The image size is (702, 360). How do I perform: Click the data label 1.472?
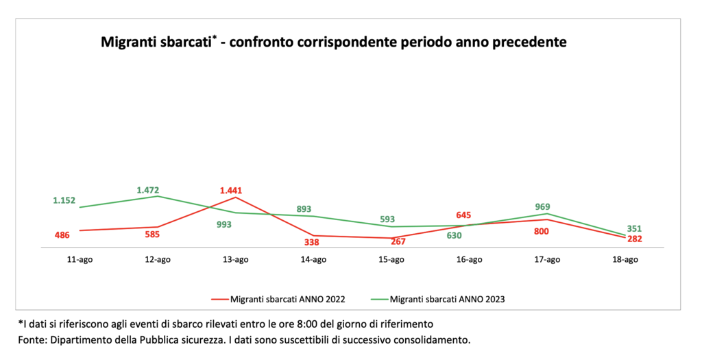pyautogui.click(x=149, y=189)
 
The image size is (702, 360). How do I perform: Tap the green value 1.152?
pyautogui.click(x=65, y=201)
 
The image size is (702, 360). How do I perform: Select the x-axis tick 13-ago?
pyautogui.click(x=236, y=259)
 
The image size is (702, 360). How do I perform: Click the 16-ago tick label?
pyautogui.click(x=469, y=259)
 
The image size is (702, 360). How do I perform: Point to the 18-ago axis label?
pyautogui.click(x=625, y=259)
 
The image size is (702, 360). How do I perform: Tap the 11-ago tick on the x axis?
pyautogui.click(x=80, y=259)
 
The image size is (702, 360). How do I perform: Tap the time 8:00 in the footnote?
pyautogui.click(x=327, y=323)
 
